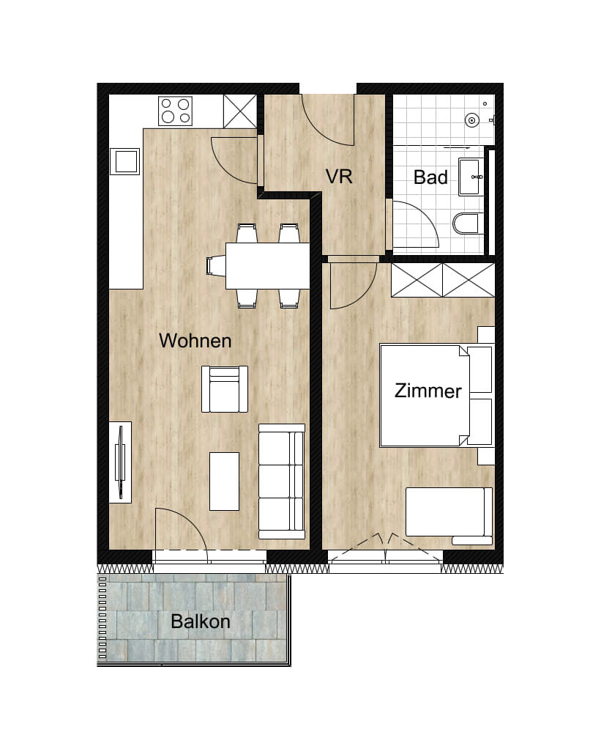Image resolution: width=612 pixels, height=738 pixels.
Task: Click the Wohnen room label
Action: coord(195,340)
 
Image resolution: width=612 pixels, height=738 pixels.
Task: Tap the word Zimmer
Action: coord(428,391)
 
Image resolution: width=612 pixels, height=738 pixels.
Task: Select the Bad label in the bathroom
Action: coord(430,177)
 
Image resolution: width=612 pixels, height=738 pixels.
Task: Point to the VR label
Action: coord(339,177)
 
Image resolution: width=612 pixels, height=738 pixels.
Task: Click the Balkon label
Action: coord(201,621)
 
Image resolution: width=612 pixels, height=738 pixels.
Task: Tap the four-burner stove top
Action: coord(175,111)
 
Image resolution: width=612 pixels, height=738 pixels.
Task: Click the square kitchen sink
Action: coord(125,161)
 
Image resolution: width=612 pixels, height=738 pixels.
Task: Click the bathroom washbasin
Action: coord(470,177)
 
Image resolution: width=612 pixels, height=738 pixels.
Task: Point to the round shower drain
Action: coord(471,120)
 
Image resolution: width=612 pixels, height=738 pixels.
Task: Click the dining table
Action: coord(267,265)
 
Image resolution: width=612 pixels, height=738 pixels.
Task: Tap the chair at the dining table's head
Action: coord(216,265)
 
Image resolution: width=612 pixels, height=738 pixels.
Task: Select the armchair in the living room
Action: coord(225,388)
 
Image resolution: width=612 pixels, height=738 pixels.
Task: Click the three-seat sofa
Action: coord(282,481)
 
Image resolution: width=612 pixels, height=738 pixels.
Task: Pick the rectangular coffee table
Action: coord(224,481)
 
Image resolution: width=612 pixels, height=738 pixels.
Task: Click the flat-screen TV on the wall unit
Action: coord(121,462)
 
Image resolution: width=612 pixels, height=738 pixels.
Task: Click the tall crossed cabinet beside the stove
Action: coord(240,111)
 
